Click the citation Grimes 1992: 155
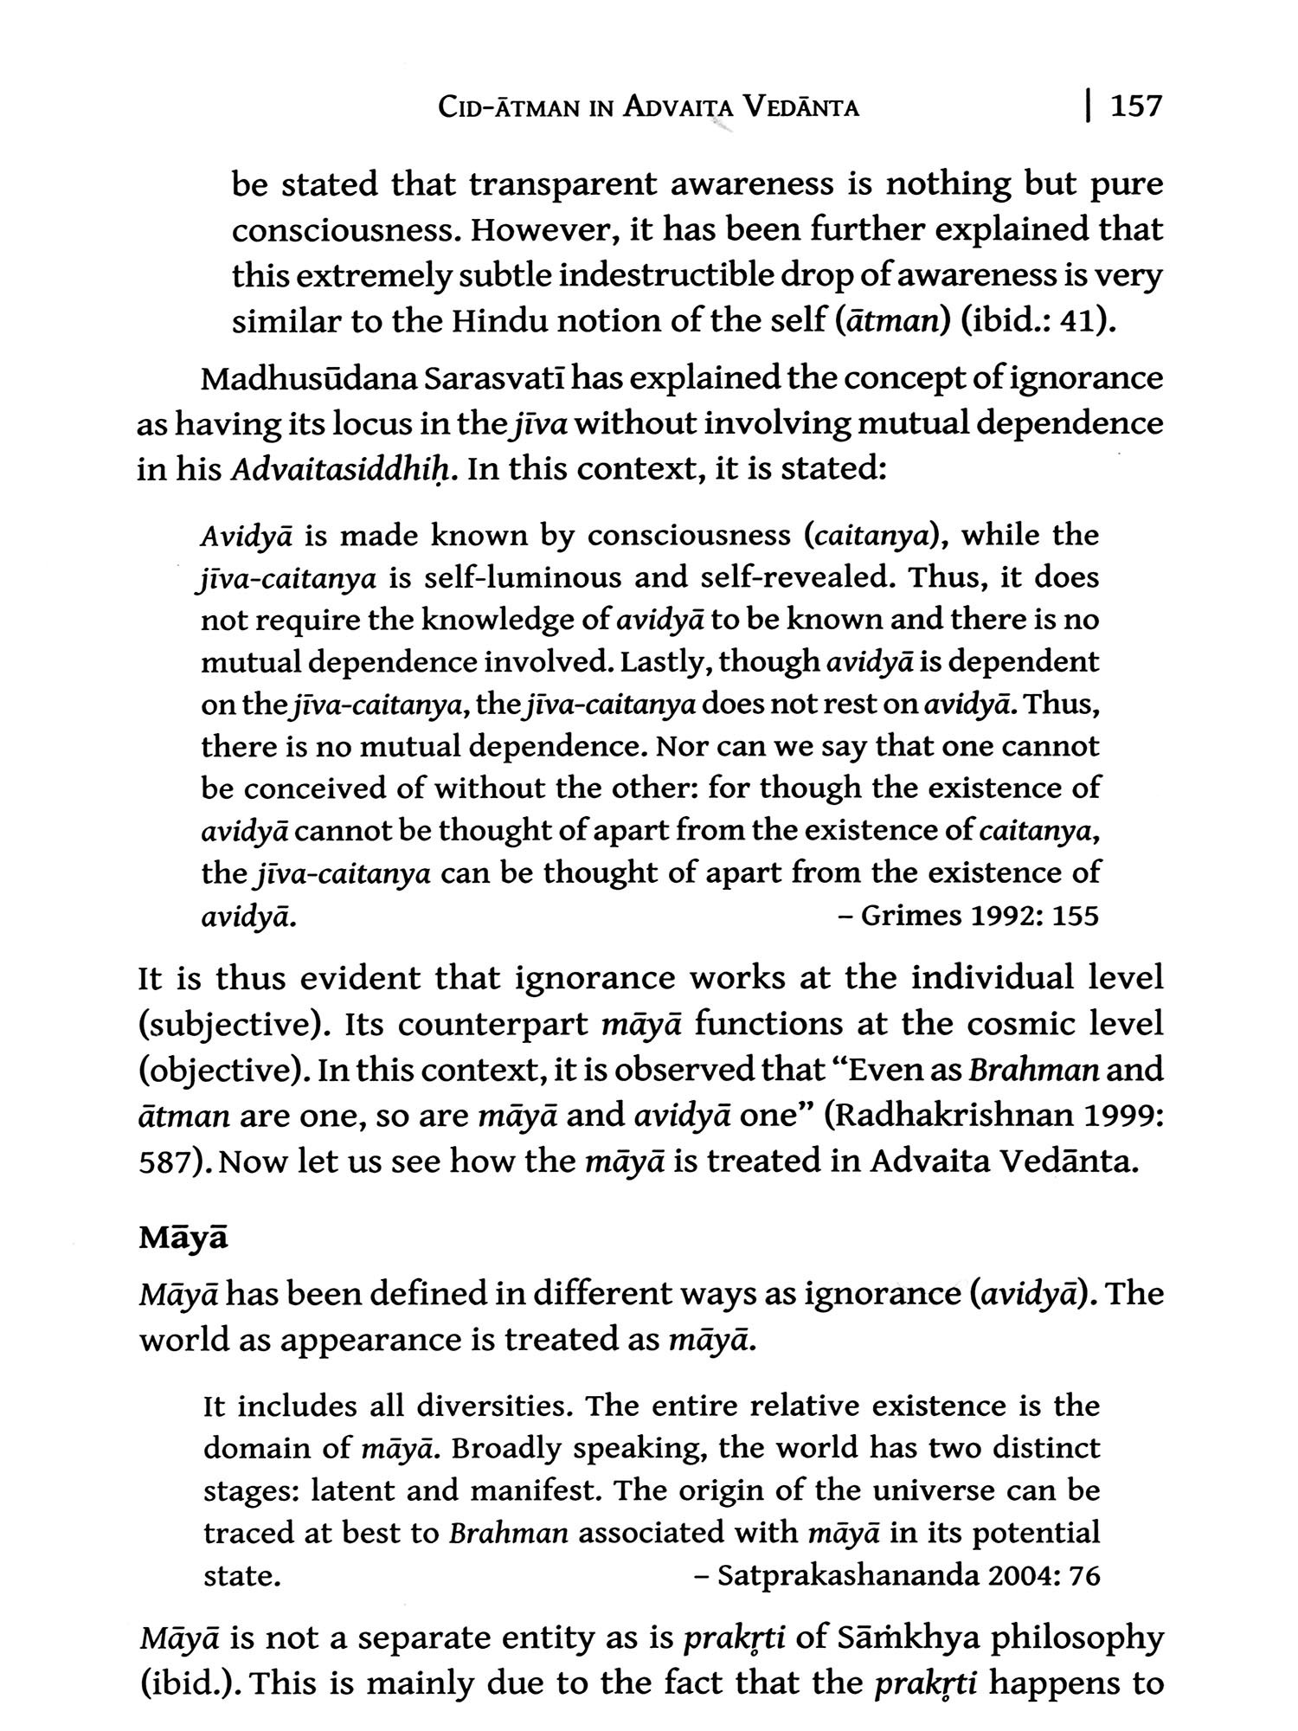click(979, 916)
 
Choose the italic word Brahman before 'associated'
click(509, 1533)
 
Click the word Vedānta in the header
click(802, 108)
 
